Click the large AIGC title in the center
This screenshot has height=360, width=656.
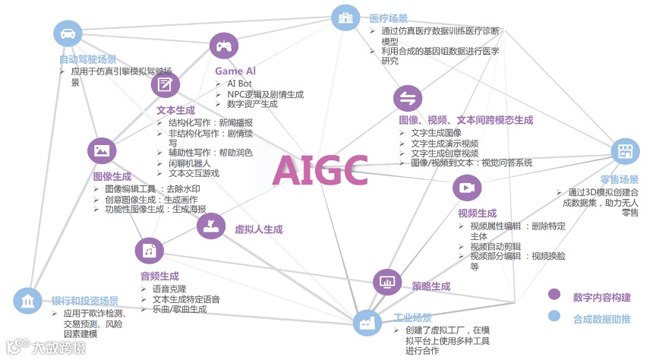click(x=320, y=170)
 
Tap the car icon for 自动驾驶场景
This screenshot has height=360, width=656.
click(x=68, y=33)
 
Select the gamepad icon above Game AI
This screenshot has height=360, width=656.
click(x=224, y=46)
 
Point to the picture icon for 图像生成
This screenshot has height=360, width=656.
click(x=101, y=151)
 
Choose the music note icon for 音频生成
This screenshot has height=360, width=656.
click(x=149, y=251)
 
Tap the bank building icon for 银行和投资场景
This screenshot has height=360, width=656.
click(x=28, y=301)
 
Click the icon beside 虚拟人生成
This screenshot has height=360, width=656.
click(x=210, y=225)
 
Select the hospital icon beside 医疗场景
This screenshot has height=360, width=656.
click(x=345, y=17)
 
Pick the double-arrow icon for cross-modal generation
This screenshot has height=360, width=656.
click(x=407, y=98)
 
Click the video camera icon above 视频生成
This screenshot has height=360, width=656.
click(x=466, y=188)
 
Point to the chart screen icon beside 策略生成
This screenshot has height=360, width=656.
click(x=386, y=283)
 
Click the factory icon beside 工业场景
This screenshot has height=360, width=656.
click(x=368, y=322)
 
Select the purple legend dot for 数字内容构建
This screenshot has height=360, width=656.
click(x=554, y=295)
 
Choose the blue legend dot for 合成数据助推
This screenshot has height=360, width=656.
click(x=554, y=317)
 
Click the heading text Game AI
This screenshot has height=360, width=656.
click(x=235, y=71)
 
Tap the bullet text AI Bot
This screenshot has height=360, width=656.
click(x=239, y=83)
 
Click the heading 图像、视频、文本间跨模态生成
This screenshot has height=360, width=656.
click(x=465, y=120)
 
